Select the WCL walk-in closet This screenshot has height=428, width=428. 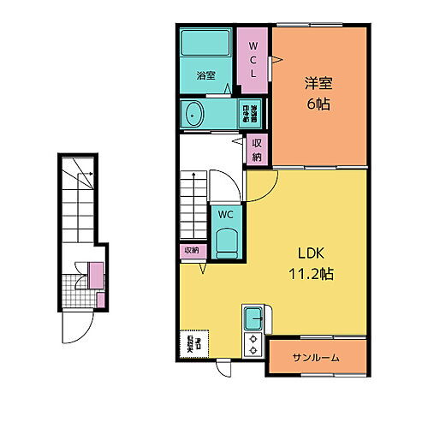click(253, 56)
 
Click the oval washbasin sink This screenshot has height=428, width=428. click(193, 113)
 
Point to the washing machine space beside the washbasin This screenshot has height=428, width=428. click(254, 113)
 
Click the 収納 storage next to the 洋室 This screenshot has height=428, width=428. click(256, 150)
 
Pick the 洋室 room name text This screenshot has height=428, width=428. click(317, 84)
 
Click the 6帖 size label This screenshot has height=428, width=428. click(317, 104)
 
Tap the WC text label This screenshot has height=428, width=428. click(224, 214)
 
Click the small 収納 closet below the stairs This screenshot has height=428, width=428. click(190, 251)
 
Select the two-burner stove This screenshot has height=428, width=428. click(253, 343)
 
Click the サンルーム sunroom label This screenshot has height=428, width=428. click(317, 357)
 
